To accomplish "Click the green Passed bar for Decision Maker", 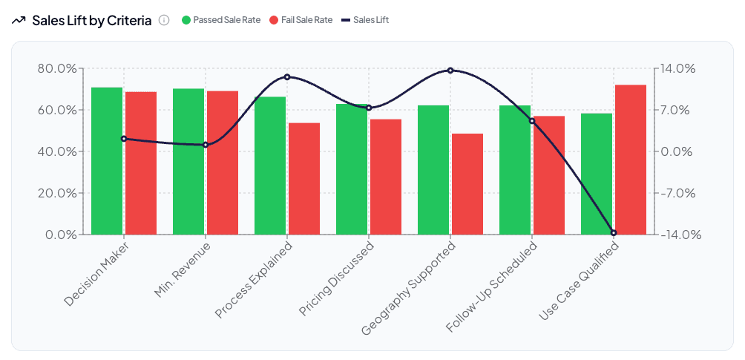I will pyautogui.click(x=107, y=161).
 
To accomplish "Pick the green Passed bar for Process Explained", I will pyautogui.click(x=270, y=166).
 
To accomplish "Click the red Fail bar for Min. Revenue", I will pyautogui.click(x=223, y=163).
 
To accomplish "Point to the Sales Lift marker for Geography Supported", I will pyautogui.click(x=450, y=71).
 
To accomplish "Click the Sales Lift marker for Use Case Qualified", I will pyautogui.click(x=614, y=233).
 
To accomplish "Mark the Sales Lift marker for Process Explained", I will pyautogui.click(x=287, y=76).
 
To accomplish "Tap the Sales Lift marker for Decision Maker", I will pyautogui.click(x=124, y=139).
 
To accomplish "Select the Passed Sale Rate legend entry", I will pyautogui.click(x=221, y=20).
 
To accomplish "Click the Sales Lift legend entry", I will pyautogui.click(x=364, y=20).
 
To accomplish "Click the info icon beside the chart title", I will pyautogui.click(x=164, y=20).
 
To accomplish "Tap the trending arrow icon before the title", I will pyautogui.click(x=19, y=20).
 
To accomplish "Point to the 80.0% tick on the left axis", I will pyautogui.click(x=57, y=68).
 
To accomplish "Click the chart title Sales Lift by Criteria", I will pyautogui.click(x=92, y=20).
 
